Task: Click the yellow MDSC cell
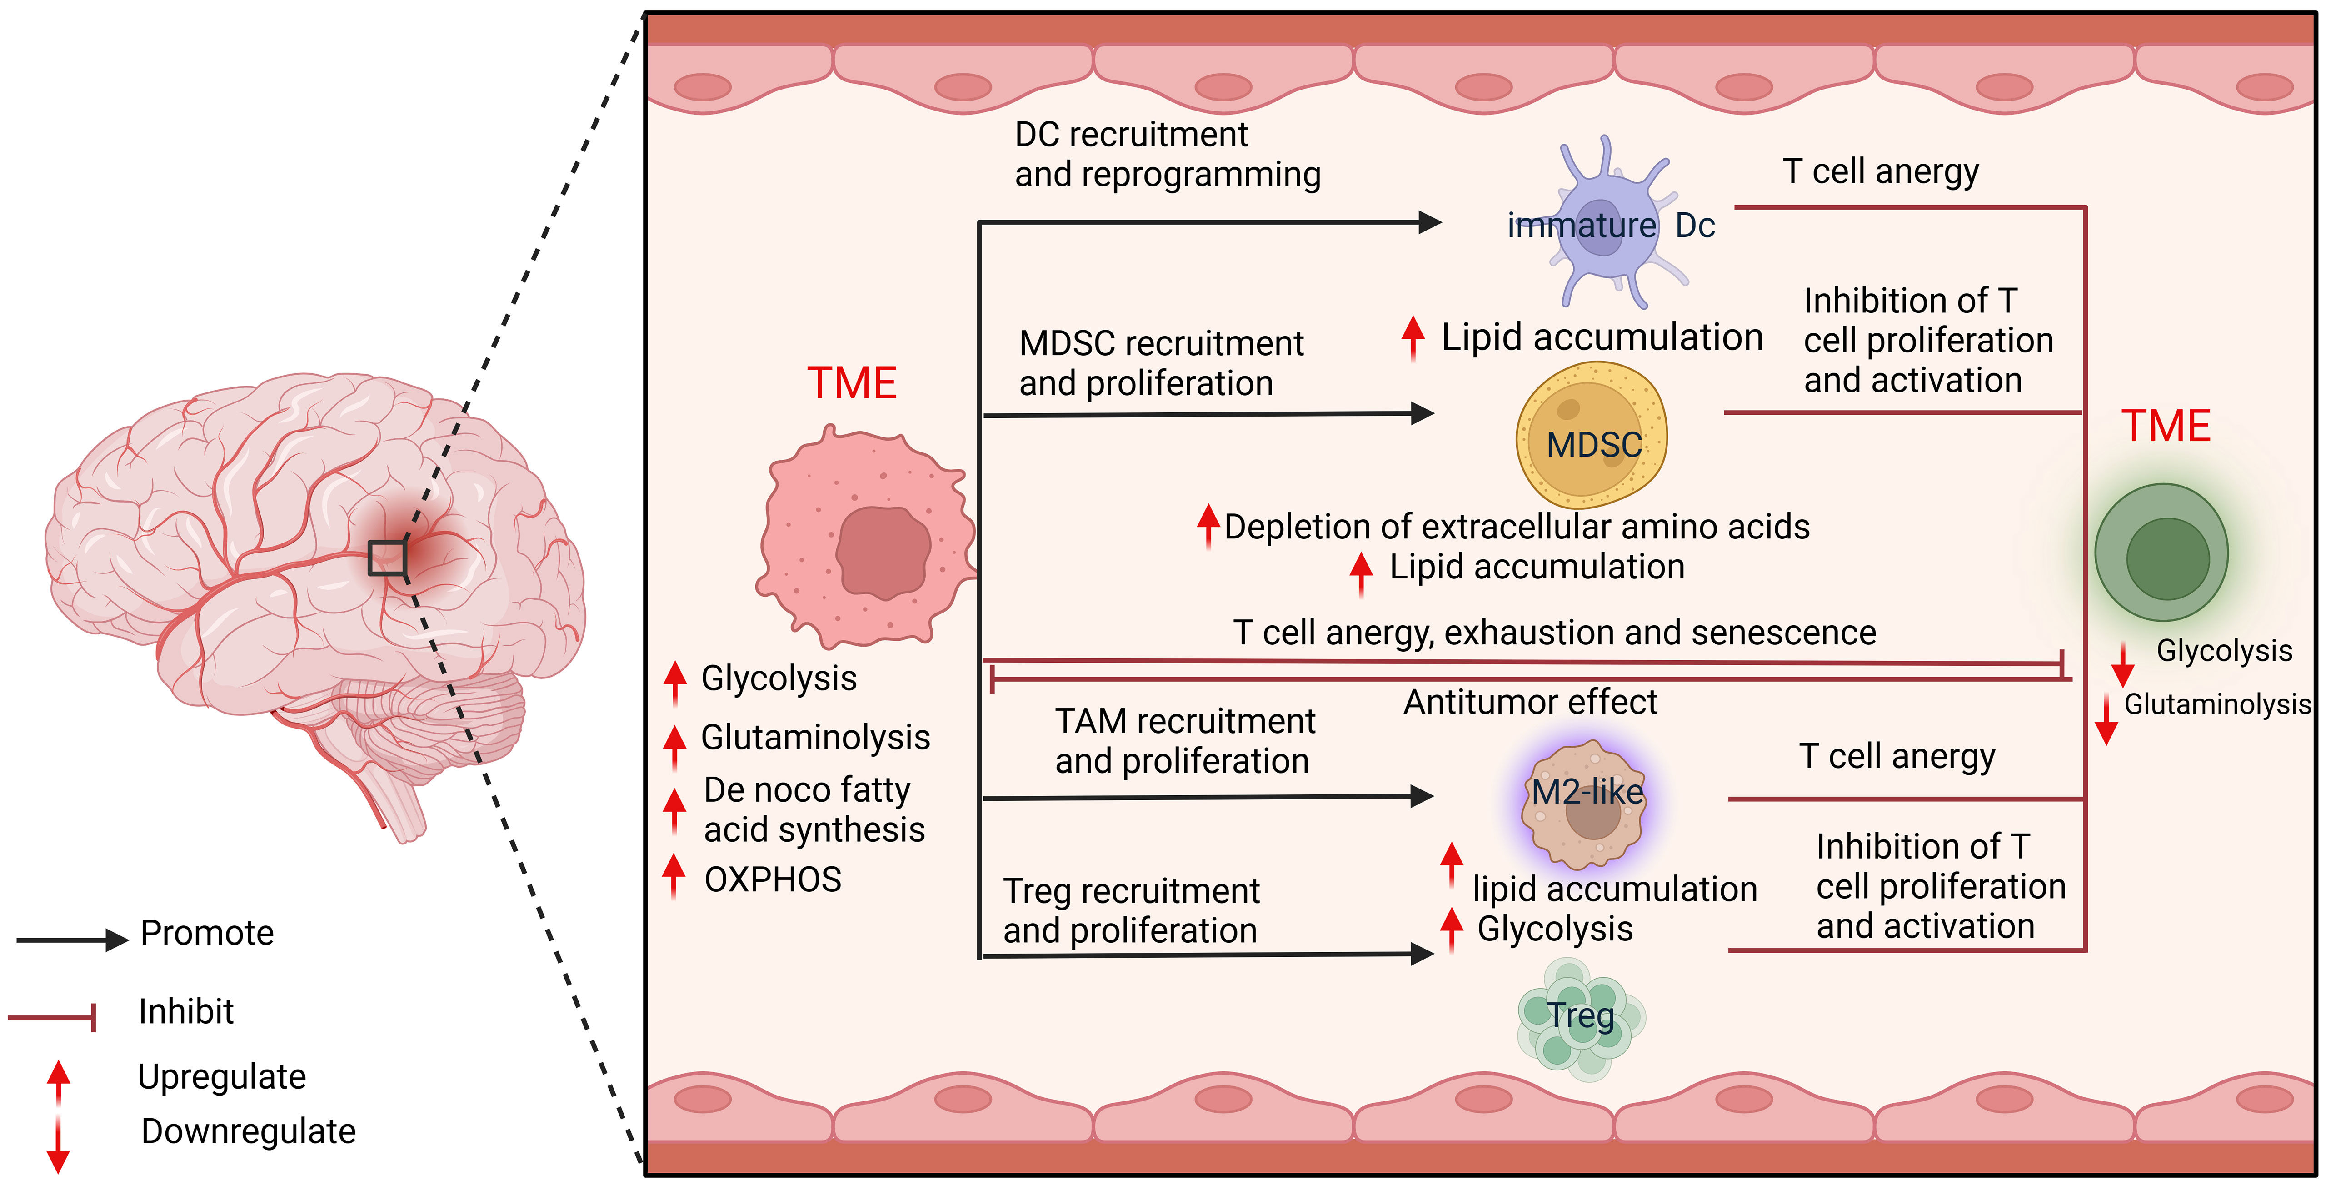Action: pyautogui.click(x=1591, y=433)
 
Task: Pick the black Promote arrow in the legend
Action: pyautogui.click(x=72, y=940)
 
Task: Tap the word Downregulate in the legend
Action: pyautogui.click(x=248, y=1131)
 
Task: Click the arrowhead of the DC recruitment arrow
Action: pyautogui.click(x=1429, y=221)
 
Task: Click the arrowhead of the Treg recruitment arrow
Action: pyautogui.click(x=1422, y=953)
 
